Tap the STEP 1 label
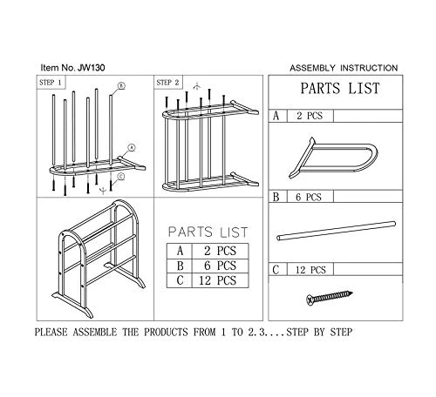52,82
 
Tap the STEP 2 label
168,82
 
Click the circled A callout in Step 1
131,147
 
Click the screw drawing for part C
327,299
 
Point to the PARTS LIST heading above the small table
208,232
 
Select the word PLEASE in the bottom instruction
58,333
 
